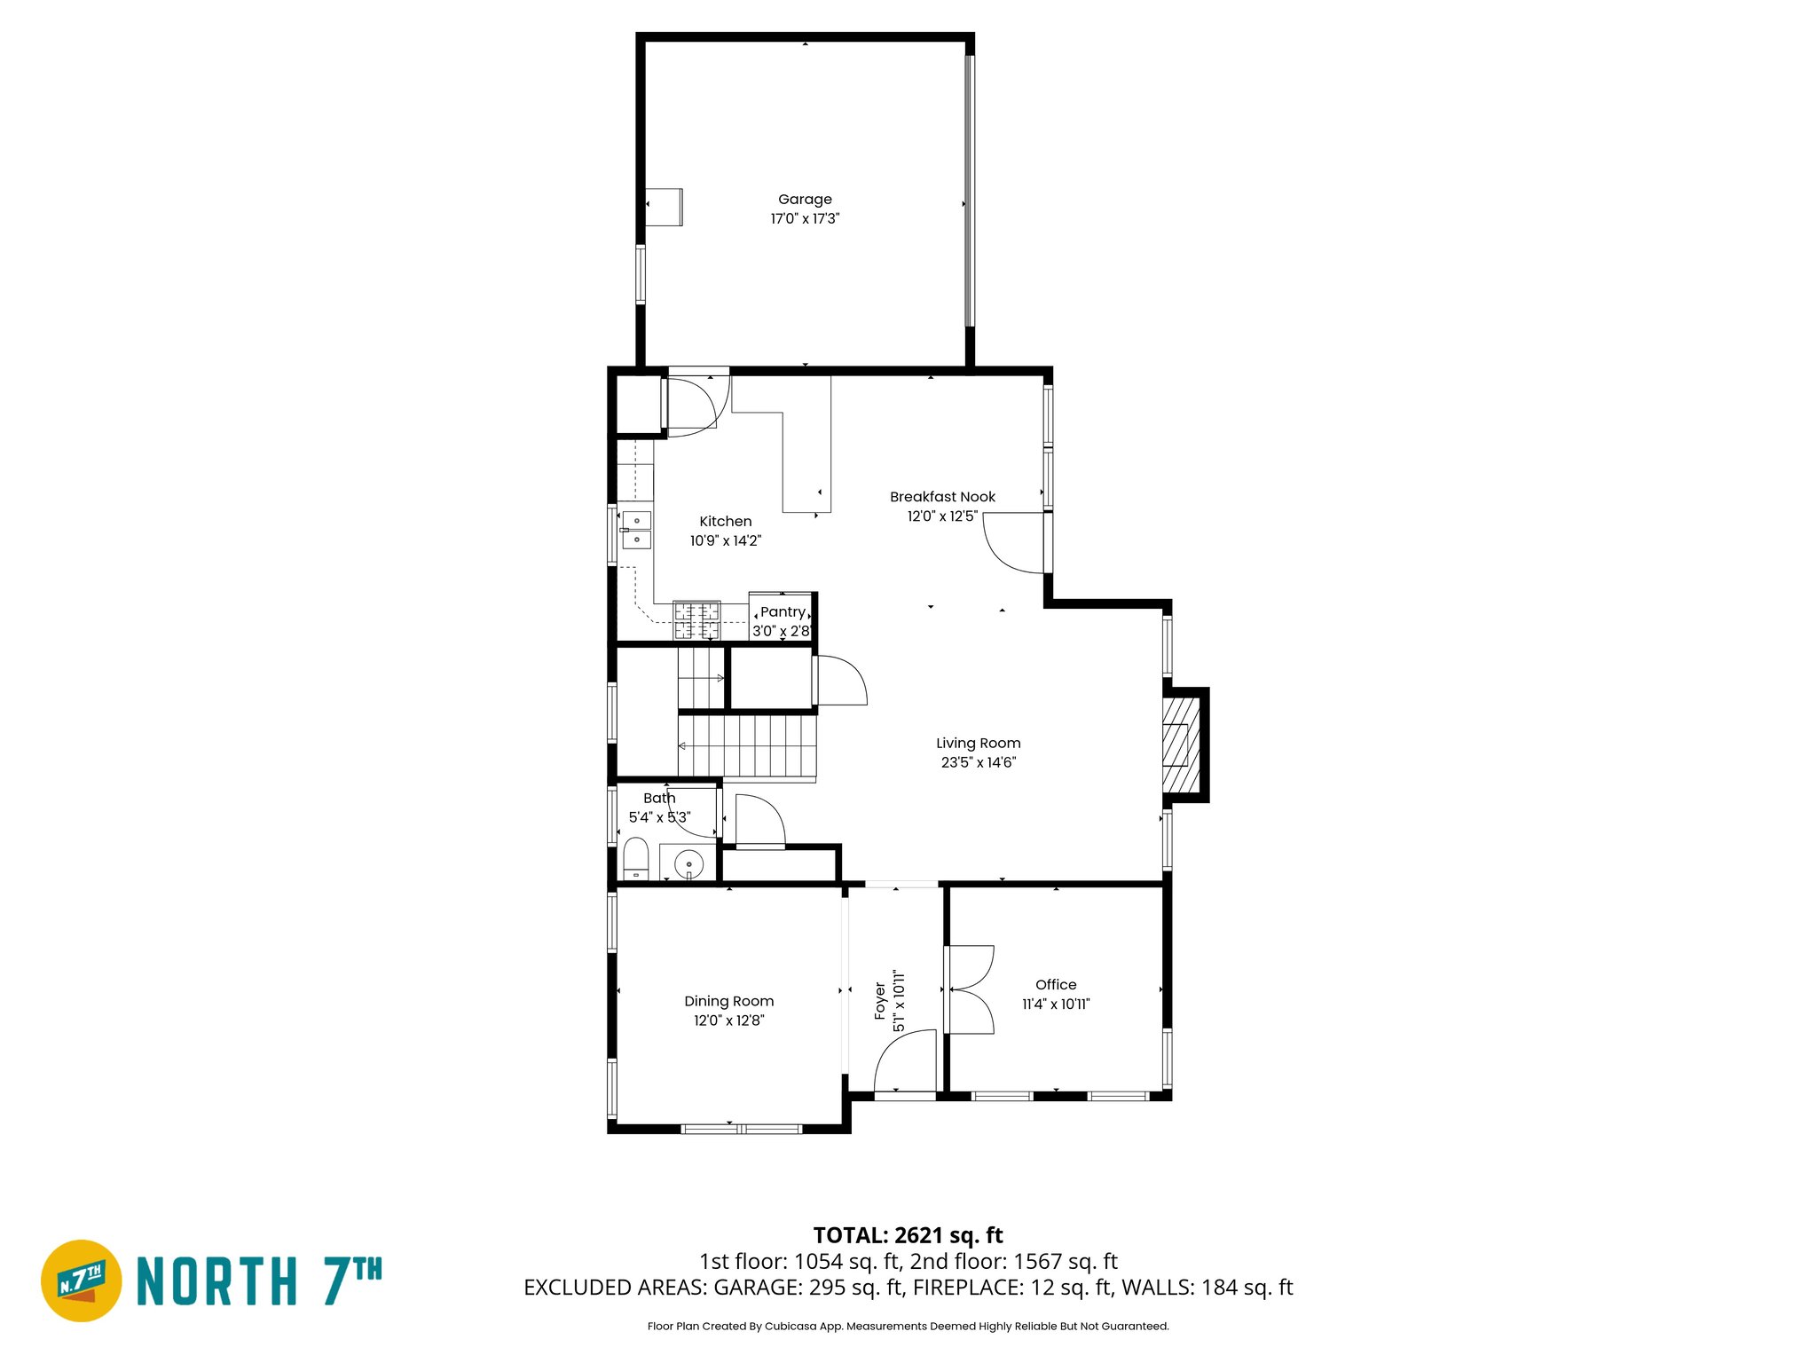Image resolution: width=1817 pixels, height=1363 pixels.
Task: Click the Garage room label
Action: point(805,200)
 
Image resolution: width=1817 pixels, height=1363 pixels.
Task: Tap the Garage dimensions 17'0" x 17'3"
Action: point(805,218)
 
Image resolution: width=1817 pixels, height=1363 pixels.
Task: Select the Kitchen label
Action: point(725,522)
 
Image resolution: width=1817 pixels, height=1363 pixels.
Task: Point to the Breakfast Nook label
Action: point(942,497)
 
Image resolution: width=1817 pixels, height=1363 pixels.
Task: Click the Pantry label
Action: point(783,612)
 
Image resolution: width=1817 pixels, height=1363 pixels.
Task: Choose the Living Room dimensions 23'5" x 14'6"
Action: point(978,762)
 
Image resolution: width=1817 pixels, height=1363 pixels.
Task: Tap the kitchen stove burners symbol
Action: point(696,620)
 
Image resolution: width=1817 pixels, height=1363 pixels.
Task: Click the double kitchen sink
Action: point(636,530)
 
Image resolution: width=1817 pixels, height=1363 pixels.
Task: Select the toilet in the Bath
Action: point(635,859)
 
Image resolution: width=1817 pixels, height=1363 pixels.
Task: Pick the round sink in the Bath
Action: point(688,863)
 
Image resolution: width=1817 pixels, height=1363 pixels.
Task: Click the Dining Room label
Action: point(728,1001)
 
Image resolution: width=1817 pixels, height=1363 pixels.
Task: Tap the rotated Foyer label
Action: point(880,1001)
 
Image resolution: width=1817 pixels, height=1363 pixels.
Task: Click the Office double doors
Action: point(969,989)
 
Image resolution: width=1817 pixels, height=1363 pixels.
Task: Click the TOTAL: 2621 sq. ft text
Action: point(908,1235)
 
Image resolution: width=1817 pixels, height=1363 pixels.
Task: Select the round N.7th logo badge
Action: point(82,1280)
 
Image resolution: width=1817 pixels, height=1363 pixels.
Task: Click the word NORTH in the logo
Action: point(217,1281)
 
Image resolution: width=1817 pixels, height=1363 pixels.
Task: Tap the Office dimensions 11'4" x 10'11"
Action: point(1056,1005)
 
